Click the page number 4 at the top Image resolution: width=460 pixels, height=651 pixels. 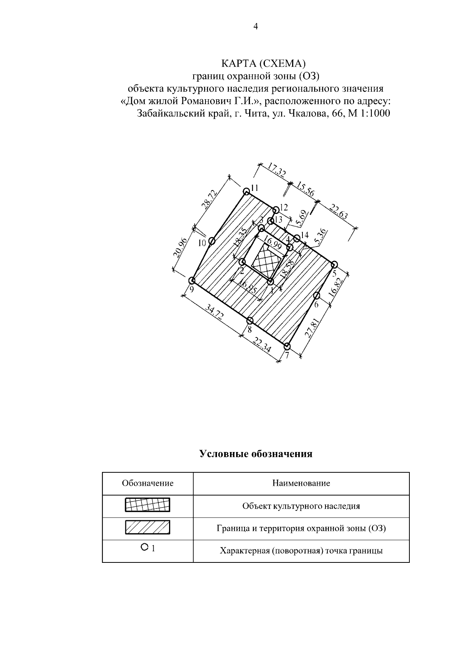pyautogui.click(x=256, y=26)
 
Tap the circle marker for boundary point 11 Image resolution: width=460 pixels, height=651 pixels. pyautogui.click(x=246, y=191)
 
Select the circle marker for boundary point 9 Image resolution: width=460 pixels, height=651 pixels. pyautogui.click(x=192, y=280)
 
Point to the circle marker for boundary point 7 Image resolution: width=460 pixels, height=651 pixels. pyautogui.click(x=287, y=347)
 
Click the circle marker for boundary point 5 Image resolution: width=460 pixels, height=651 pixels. pyautogui.click(x=334, y=264)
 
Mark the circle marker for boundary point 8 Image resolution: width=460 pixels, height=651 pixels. pyautogui.click(x=250, y=321)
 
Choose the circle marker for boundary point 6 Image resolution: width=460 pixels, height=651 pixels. pyautogui.click(x=317, y=296)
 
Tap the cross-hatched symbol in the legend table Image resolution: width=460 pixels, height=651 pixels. pyautogui.click(x=148, y=506)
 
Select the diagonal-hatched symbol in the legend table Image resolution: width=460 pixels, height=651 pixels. pyautogui.click(x=148, y=528)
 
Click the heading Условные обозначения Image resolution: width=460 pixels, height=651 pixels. pyautogui.click(x=256, y=454)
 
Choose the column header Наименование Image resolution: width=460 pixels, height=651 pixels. pyautogui.click(x=301, y=483)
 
